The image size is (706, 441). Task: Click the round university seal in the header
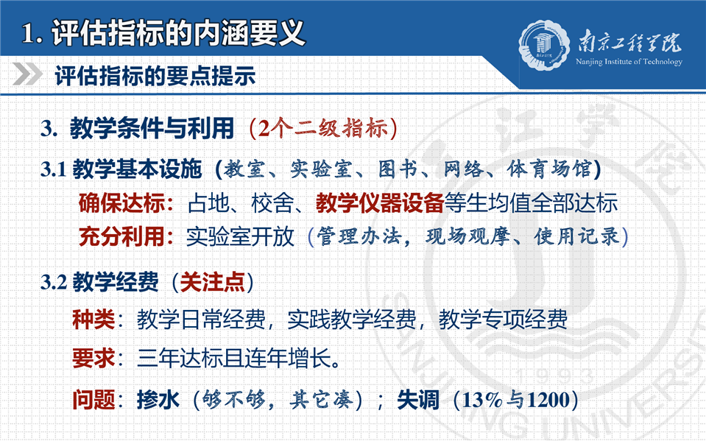coord(543,44)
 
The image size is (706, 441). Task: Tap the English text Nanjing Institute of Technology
coord(629,62)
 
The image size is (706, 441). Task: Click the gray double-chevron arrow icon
coord(27,74)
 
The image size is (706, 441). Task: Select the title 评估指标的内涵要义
coord(179,33)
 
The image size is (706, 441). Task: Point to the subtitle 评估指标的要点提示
coord(155,76)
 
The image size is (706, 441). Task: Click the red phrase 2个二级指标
coord(323,128)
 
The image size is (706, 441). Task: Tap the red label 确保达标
coord(122,203)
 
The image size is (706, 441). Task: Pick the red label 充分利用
coord(122,236)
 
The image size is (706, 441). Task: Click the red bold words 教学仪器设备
coord(380,203)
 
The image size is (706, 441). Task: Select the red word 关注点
coord(212,283)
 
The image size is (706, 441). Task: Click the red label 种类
coord(93,320)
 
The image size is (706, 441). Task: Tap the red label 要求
coord(93,359)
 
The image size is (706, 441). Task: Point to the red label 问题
coord(93,400)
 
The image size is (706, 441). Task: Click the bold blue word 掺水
coord(158,400)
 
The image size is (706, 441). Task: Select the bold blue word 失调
coord(418,400)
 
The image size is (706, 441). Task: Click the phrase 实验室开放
coord(240,236)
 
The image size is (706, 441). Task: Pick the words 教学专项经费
coord(503,320)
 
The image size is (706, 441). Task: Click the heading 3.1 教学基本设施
coord(121,169)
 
